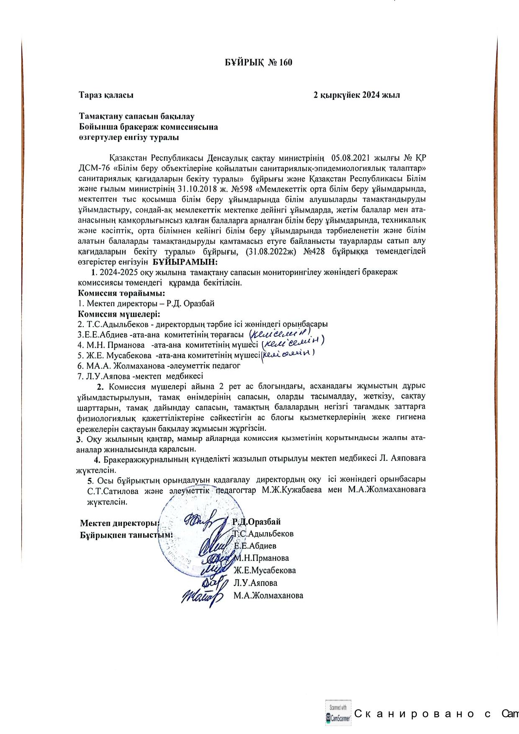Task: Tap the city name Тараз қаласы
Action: point(106,95)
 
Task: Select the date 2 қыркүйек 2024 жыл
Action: point(357,95)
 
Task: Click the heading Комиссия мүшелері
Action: point(120,314)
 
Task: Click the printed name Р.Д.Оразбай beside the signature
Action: point(256,522)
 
